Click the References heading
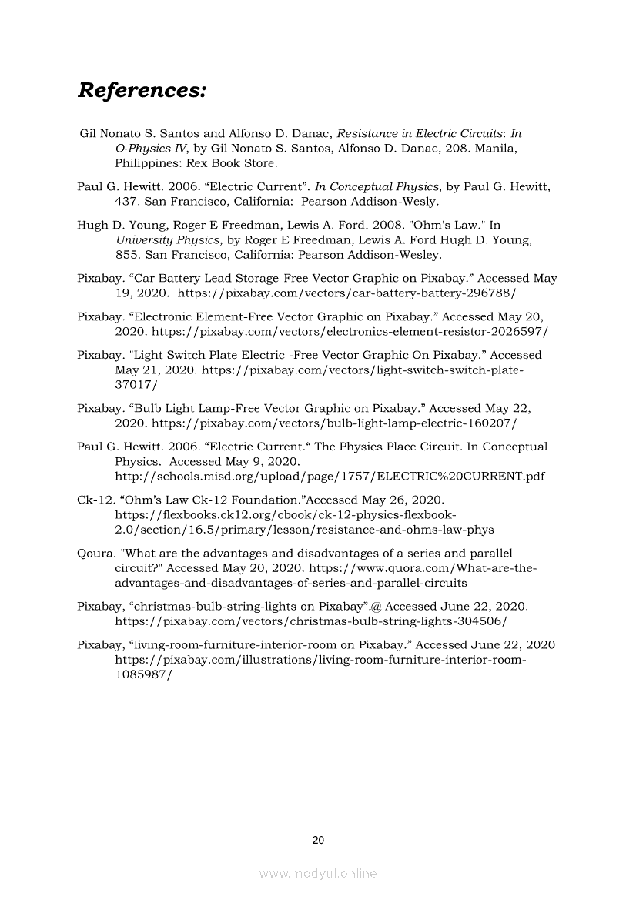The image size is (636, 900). click(x=142, y=91)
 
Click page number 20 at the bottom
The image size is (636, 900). click(x=318, y=840)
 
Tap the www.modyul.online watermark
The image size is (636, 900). click(x=318, y=873)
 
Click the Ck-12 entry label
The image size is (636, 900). click(x=95, y=499)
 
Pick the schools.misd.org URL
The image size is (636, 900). click(x=330, y=476)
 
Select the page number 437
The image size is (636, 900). click(x=126, y=202)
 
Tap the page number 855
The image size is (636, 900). click(x=126, y=255)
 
